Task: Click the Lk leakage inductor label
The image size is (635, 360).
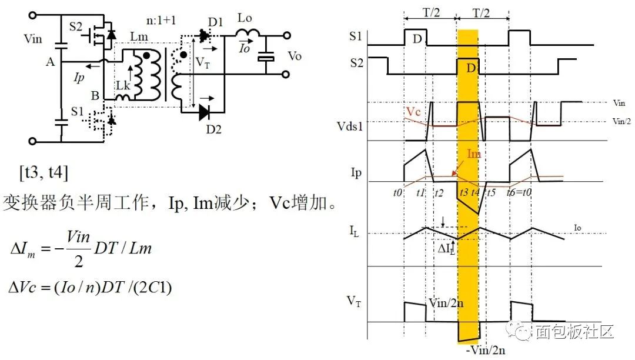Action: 122,86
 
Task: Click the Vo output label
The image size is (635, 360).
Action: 295,56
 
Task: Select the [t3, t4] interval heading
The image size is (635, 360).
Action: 44,173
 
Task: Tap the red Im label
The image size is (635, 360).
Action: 474,154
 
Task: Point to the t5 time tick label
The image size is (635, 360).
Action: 491,191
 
